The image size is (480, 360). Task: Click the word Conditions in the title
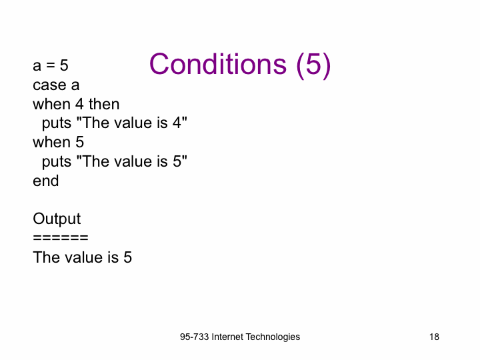(x=218, y=64)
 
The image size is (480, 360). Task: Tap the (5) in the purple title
(x=313, y=65)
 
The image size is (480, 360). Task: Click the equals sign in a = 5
(x=51, y=65)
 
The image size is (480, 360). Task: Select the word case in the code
(x=49, y=85)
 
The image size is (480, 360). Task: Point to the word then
(x=104, y=104)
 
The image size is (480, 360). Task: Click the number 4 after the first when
(x=79, y=104)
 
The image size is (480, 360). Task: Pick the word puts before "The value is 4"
(x=57, y=124)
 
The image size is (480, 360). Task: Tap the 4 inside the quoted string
(x=177, y=123)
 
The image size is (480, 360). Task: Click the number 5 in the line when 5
(x=79, y=143)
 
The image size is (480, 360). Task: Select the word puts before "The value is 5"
(x=57, y=162)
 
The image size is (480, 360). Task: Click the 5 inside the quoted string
(x=177, y=161)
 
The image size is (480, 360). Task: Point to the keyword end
(x=46, y=181)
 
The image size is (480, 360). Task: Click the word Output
(x=57, y=219)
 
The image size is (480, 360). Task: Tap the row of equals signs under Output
(x=61, y=237)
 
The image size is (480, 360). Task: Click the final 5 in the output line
(x=127, y=257)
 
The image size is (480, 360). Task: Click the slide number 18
(x=434, y=337)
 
